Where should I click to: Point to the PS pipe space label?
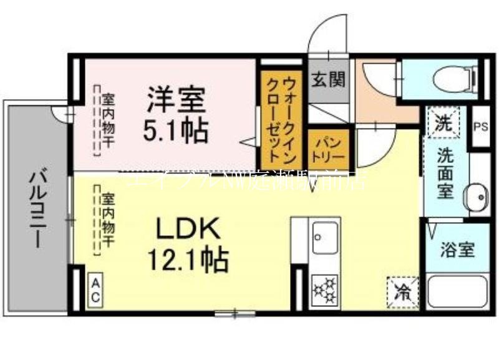coord(480,127)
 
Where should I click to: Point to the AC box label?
coord(95,290)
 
